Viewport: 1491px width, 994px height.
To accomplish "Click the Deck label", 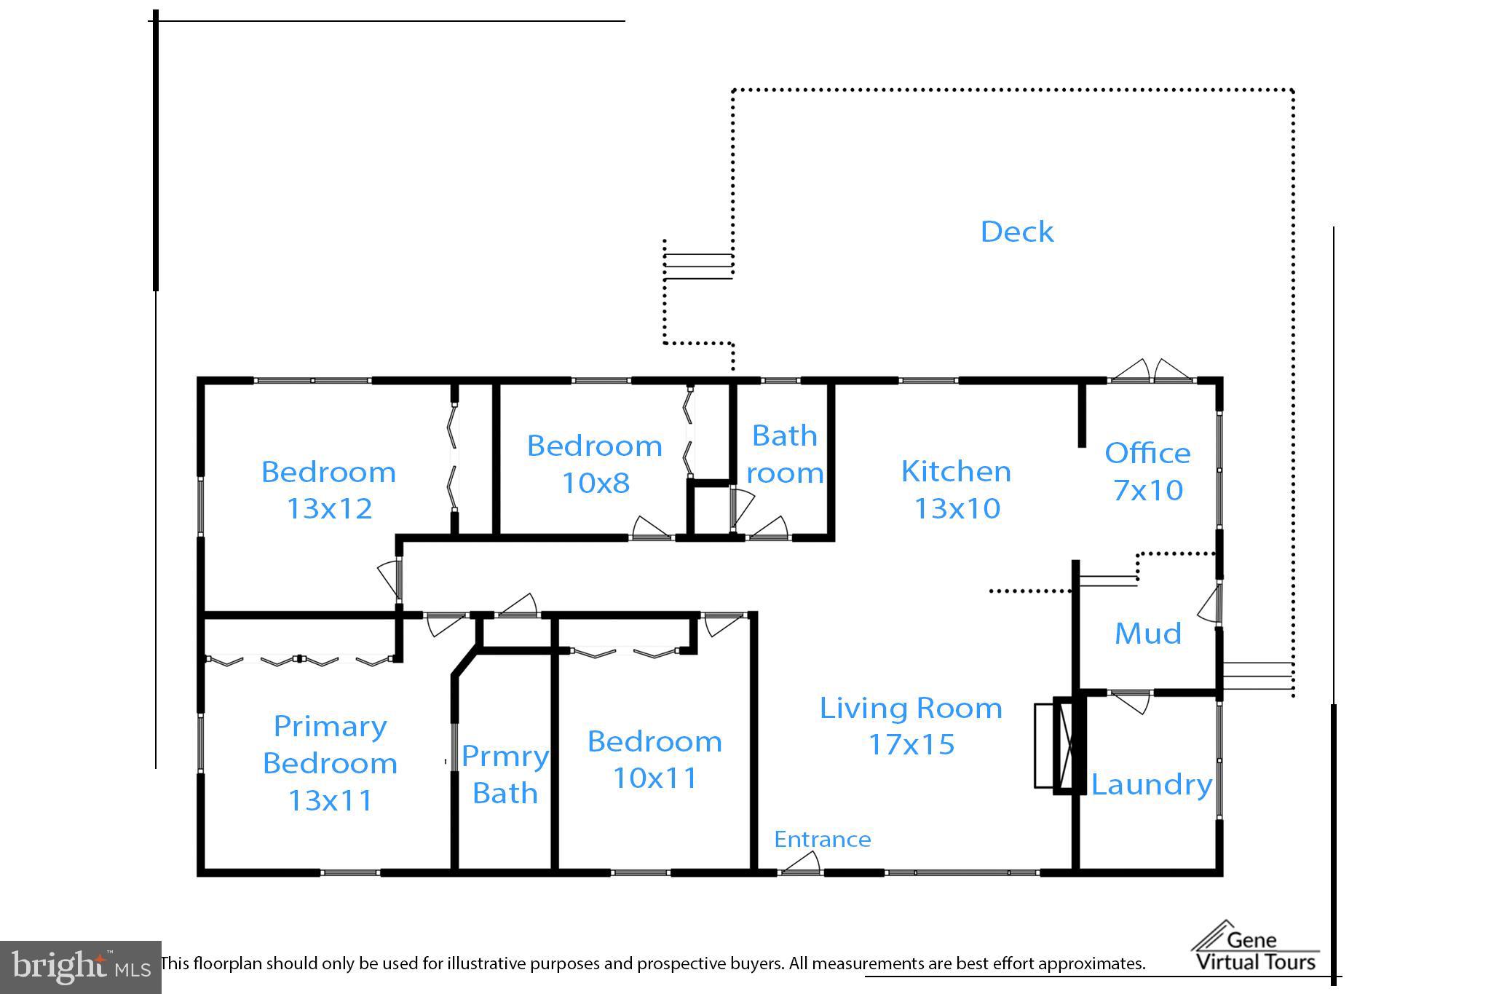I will point(1016,232).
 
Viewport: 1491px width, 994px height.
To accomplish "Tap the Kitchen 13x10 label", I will point(956,489).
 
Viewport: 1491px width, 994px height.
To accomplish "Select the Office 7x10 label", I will point(1147,471).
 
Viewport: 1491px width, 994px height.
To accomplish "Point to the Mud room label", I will point(1147,633).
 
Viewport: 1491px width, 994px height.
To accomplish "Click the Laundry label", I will point(1151,784).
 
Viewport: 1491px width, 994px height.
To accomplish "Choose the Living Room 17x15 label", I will point(911,725).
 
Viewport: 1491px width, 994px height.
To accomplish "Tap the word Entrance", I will point(822,840).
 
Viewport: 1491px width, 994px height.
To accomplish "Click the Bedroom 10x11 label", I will point(654,759).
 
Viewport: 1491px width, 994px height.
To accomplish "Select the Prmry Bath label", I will point(505,774).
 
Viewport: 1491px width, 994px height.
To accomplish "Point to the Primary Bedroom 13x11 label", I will point(330,762).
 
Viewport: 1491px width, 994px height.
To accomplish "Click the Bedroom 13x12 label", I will point(328,489).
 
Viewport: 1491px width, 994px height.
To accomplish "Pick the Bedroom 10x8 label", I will point(595,464).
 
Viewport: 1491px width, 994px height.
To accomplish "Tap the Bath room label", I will point(785,454).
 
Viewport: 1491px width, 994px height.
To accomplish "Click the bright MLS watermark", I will point(80,966).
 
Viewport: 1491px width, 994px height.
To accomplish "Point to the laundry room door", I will point(1130,700).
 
